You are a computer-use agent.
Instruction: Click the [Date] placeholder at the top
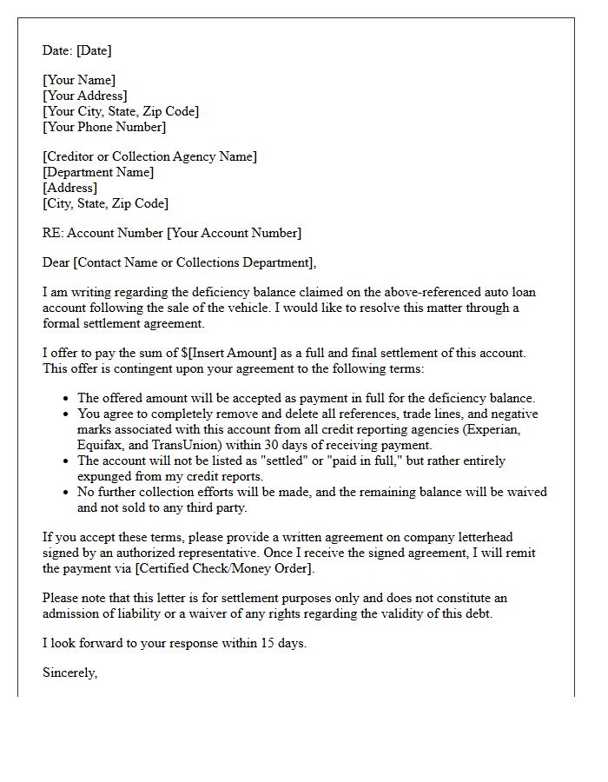pos(92,50)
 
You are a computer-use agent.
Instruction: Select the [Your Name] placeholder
pos(79,80)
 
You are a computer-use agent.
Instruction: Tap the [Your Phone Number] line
pos(104,127)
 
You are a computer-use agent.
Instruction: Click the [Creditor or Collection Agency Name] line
pos(149,156)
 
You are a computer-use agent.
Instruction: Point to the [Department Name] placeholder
pos(98,172)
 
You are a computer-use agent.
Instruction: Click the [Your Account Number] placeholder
pos(234,233)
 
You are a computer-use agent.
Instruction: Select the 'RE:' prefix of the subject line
pos(52,233)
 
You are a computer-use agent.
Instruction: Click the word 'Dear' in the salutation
pos(56,262)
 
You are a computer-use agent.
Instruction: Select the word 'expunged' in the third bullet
pos(105,476)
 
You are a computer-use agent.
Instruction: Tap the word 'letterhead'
pos(482,537)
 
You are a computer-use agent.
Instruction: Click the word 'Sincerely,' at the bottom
pos(70,673)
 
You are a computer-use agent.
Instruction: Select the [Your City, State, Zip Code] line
pos(121,111)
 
